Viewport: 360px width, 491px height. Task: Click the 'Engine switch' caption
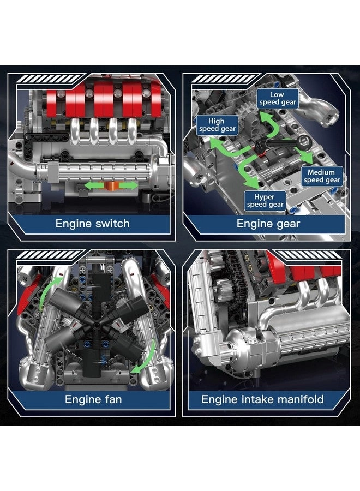pos(93,223)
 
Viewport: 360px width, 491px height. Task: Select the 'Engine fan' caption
pos(93,399)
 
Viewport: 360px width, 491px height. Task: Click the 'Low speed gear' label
pos(277,98)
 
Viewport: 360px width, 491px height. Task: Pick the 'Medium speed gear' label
pos(322,176)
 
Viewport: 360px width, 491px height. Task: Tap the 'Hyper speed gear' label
pos(265,200)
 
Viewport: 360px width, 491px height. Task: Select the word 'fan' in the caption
pos(111,399)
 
